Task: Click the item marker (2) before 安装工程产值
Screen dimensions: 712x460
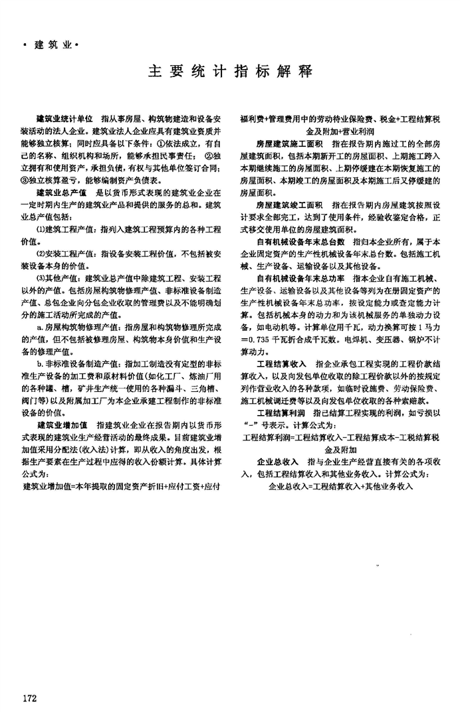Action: [x=41, y=254]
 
